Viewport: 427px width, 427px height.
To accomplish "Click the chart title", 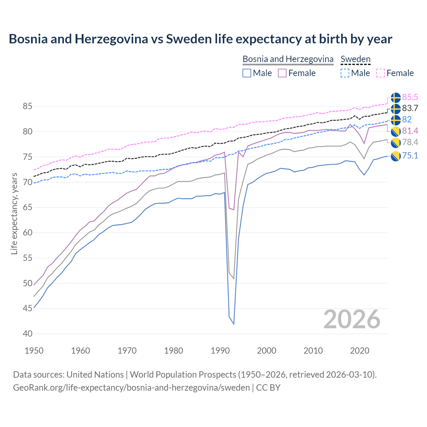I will coord(200,39).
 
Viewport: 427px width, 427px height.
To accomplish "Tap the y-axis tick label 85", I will coord(27,106).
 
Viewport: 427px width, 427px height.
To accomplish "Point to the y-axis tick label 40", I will coord(27,334).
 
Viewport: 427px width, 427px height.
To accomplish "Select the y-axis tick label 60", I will coord(27,233).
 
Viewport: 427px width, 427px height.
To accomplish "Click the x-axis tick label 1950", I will coord(34,351).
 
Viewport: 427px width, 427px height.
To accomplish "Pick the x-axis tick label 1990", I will coord(220,351).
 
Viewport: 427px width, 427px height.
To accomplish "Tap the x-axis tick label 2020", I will coord(360,351).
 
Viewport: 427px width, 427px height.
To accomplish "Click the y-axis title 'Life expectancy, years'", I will coord(14,213).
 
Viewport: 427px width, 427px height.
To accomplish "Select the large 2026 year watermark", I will coord(352,319).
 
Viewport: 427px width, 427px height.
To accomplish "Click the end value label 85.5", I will coord(410,97).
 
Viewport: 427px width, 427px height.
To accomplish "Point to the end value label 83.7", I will coord(410,108).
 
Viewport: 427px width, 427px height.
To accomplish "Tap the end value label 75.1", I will coord(410,155).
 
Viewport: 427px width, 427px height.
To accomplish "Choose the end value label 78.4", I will coord(410,142).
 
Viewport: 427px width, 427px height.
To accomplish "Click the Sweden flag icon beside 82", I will coord(396,120).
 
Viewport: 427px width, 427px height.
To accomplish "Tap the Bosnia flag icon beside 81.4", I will coord(396,131).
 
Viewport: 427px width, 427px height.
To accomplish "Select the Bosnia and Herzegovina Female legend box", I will coord(282,73).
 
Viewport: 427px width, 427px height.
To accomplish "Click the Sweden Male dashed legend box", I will coord(345,73).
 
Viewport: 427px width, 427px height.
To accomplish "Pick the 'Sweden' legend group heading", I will coord(355,59).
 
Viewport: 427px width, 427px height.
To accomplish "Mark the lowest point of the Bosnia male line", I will coord(234,324).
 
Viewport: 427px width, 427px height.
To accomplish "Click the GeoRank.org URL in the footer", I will coord(131,388).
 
